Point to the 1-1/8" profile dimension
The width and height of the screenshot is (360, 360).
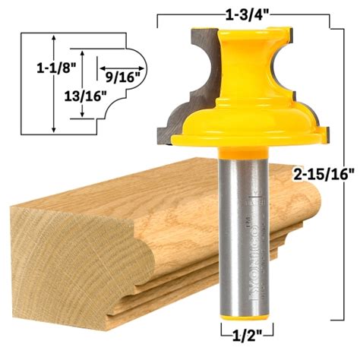[x=31, y=68]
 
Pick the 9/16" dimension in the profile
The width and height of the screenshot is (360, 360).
[x=121, y=75]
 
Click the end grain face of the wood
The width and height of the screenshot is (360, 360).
[x=57, y=251]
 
